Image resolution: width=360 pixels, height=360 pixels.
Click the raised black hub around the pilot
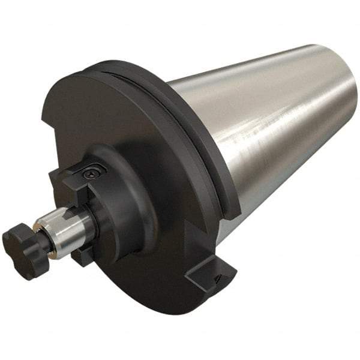click(123, 198)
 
